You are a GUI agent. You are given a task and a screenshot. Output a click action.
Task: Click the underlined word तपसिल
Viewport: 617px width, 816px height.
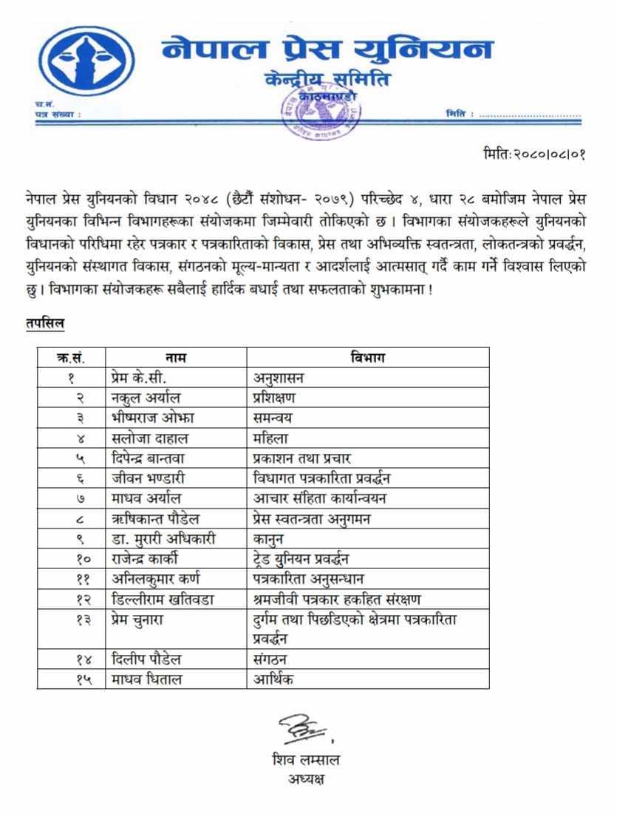[44, 322]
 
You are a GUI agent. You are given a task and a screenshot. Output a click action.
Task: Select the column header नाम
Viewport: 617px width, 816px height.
[175, 358]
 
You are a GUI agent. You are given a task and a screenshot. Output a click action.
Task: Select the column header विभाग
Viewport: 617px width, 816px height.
[367, 358]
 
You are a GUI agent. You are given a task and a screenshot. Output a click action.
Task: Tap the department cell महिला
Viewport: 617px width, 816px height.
[270, 438]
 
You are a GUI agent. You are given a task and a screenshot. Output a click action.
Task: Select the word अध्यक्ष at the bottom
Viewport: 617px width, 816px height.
[306, 778]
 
